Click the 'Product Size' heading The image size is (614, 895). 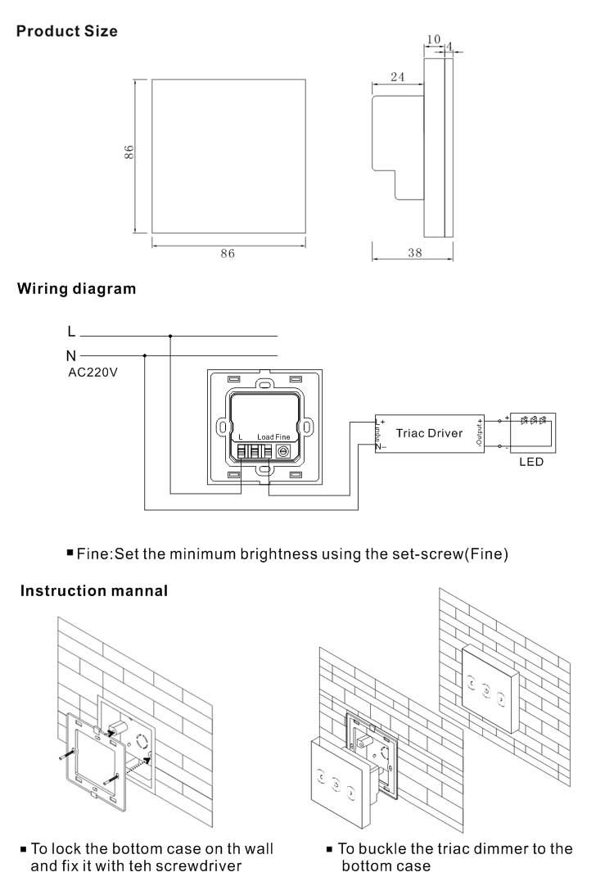(x=67, y=32)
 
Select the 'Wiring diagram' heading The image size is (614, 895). (x=77, y=289)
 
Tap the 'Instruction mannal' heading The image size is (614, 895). (x=94, y=590)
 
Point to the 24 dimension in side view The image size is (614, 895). (x=397, y=77)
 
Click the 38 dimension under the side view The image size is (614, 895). (x=414, y=253)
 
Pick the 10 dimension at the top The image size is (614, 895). (x=434, y=38)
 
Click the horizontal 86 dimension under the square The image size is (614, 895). (x=227, y=254)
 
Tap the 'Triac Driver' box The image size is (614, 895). (x=429, y=432)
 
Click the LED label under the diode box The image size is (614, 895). (x=531, y=462)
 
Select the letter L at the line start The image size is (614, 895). (x=71, y=332)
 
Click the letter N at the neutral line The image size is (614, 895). (x=71, y=355)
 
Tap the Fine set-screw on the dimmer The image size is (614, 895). (x=283, y=451)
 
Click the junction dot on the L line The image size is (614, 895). (x=170, y=336)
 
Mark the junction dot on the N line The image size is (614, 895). (x=145, y=355)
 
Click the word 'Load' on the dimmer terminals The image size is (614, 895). (x=264, y=437)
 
